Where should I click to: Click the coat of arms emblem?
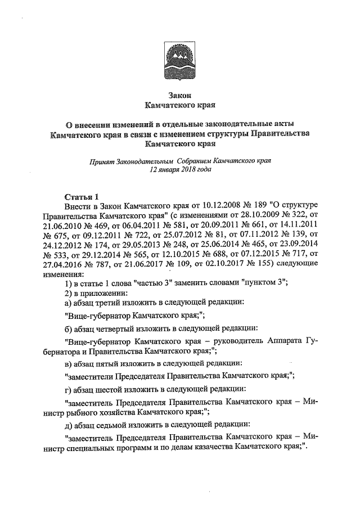[x=178, y=60]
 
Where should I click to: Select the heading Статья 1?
[x=82, y=196]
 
